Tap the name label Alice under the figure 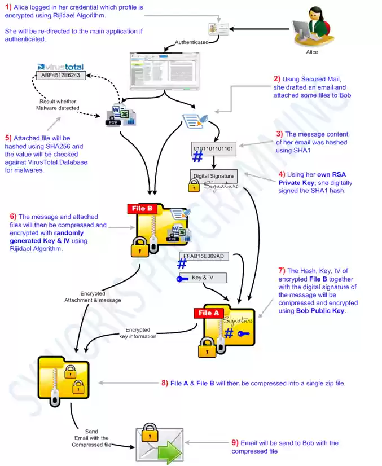pos(312,52)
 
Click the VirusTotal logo pos(60,67)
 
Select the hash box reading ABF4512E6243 pos(60,74)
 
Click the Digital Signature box pos(213,175)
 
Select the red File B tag pos(142,209)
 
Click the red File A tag pos(209,313)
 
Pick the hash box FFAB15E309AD pos(204,256)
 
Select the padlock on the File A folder pos(207,348)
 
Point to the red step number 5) pos(8,138)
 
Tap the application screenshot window pos(164,71)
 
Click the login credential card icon pos(218,29)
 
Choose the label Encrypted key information pos(138,333)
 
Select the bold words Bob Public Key pos(320,311)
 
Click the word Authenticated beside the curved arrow pos(191,42)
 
